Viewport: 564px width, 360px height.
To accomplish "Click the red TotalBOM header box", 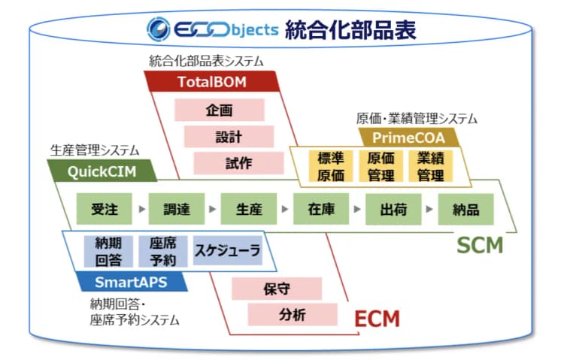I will pos(213,81).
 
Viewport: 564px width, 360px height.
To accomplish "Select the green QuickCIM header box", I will pos(102,171).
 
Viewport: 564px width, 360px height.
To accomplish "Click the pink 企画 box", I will pos(219,110).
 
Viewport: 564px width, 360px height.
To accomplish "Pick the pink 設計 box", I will pos(229,136).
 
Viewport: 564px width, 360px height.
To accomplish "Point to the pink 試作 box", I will pos(238,163).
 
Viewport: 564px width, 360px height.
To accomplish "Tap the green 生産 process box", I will pos(249,209).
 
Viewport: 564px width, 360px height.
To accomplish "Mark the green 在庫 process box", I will pos(321,209).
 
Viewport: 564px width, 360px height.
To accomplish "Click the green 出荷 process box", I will pos(394,209).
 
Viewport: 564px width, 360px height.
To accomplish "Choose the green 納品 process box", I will pos(467,209).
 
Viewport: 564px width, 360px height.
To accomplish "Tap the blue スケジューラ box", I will pos(227,251).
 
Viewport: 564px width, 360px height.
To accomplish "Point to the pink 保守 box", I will pos(277,288).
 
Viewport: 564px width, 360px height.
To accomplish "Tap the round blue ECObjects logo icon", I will pos(161,29).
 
